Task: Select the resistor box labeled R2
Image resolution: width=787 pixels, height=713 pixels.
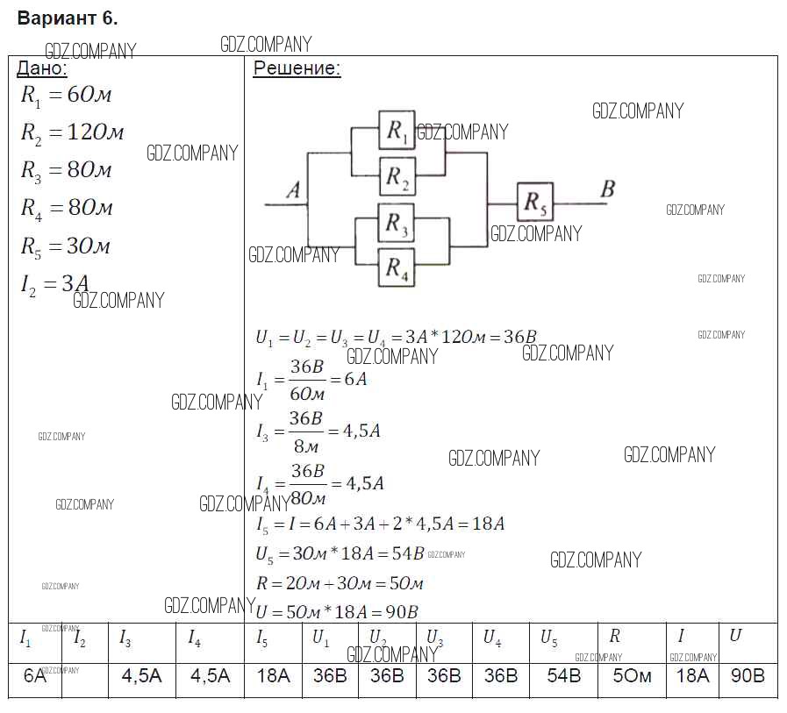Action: pyautogui.click(x=397, y=177)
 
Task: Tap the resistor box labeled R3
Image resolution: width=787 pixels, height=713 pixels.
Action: pyautogui.click(x=397, y=224)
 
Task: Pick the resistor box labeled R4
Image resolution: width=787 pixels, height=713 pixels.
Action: pyautogui.click(x=397, y=267)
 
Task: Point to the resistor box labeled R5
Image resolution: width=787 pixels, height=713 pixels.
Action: pyautogui.click(x=535, y=203)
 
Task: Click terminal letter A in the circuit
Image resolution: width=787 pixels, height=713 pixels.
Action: pyautogui.click(x=293, y=189)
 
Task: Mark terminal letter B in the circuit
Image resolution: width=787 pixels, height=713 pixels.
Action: pyautogui.click(x=607, y=188)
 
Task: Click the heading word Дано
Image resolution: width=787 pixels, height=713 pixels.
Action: pyautogui.click(x=43, y=68)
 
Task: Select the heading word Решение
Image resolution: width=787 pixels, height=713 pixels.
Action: pyautogui.click(x=297, y=69)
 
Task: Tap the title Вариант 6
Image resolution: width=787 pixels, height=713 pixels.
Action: pyautogui.click(x=68, y=18)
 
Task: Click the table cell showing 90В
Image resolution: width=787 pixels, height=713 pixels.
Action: pyautogui.click(x=747, y=676)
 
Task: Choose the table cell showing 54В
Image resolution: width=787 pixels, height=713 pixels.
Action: pyautogui.click(x=563, y=676)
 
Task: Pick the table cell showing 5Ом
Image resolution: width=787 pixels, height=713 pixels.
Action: pyautogui.click(x=631, y=676)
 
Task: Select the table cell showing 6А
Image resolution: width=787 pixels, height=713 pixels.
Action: pyautogui.click(x=34, y=675)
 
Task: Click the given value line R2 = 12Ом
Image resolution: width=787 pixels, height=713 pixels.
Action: pyautogui.click(x=72, y=132)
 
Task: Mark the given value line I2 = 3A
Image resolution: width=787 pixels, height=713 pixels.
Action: pyautogui.click(x=54, y=284)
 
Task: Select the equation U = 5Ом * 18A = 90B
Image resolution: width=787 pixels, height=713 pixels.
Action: pyautogui.click(x=337, y=611)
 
